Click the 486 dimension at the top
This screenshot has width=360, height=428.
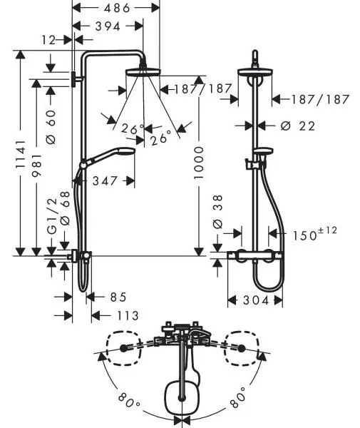point(116,8)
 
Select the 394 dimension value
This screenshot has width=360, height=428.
point(108,26)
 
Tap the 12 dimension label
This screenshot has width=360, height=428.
point(48,40)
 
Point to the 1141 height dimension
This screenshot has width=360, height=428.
point(21,154)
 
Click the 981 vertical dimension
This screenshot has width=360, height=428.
point(36,165)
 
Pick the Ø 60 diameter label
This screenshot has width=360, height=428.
point(51,127)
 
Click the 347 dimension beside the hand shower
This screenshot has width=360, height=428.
point(105,180)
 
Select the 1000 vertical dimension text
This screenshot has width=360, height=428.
point(199,163)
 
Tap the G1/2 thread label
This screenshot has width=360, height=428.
point(52,216)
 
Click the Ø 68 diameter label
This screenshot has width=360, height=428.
point(65,208)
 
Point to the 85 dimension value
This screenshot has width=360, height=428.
point(118,297)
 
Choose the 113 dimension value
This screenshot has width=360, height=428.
point(128,316)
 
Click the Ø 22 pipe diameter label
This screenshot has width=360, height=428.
point(297,126)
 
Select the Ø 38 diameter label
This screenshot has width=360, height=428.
point(217,212)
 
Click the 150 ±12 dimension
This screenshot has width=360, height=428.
point(314,234)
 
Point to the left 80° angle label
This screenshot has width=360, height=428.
point(129,400)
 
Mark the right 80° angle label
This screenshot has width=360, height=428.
point(238,400)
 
